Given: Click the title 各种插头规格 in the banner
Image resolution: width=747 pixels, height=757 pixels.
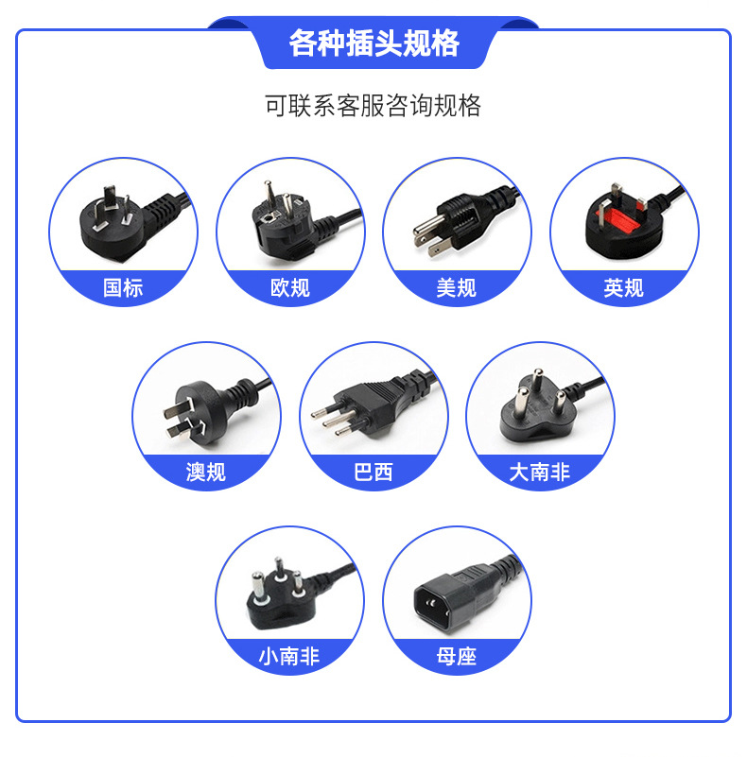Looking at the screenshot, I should pyautogui.click(x=373, y=44).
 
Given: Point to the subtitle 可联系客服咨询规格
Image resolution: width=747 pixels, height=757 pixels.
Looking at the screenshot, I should pyautogui.click(x=373, y=105).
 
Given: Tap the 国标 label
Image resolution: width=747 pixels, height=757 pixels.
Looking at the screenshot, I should pyautogui.click(x=123, y=287).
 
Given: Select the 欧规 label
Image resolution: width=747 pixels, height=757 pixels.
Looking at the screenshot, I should pyautogui.click(x=290, y=287).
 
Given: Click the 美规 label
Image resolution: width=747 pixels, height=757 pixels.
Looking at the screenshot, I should pyautogui.click(x=457, y=287).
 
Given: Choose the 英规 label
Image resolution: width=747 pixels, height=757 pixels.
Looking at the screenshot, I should pyautogui.click(x=624, y=287).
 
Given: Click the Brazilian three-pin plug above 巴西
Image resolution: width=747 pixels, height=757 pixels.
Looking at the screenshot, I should pyautogui.click(x=369, y=404).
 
